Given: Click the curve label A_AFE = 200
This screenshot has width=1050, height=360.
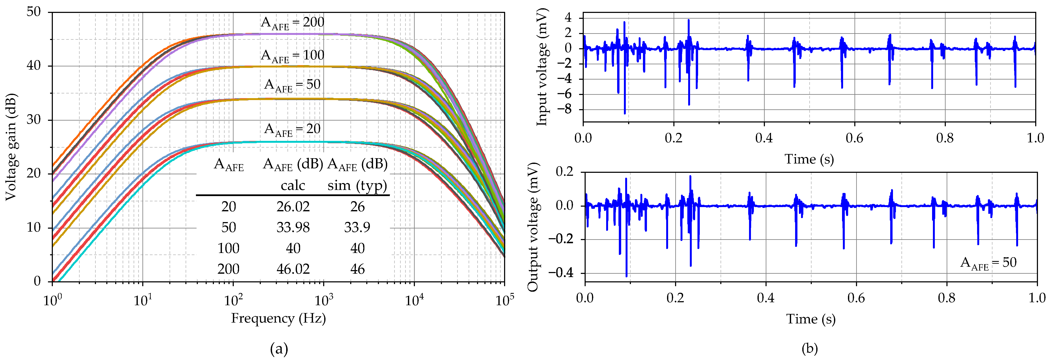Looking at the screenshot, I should pyautogui.click(x=292, y=23).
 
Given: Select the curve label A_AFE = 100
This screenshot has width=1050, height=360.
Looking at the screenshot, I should pyautogui.click(x=292, y=56).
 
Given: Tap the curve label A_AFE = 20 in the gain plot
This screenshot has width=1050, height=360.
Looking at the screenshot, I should pyautogui.click(x=292, y=130).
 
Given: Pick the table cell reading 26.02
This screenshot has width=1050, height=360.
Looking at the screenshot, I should pyautogui.click(x=293, y=207).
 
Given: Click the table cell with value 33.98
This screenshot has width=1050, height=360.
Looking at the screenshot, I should pyautogui.click(x=293, y=228).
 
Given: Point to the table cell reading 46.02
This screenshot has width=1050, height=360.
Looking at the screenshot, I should pyautogui.click(x=293, y=269).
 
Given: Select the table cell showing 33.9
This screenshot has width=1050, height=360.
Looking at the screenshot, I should pyautogui.click(x=357, y=228).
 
